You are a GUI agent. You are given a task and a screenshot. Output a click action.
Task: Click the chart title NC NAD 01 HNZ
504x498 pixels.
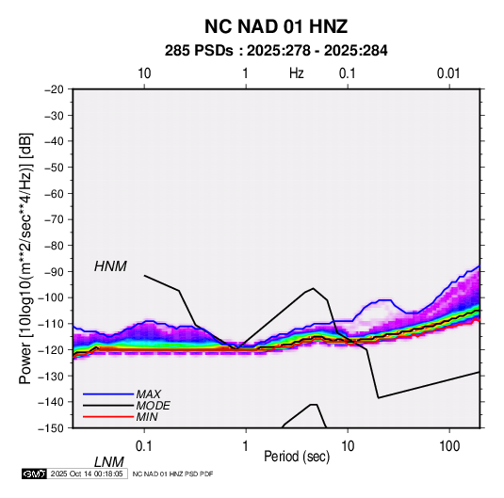[x=276, y=26]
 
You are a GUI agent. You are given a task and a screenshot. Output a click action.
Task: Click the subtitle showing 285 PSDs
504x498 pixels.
[x=276, y=51]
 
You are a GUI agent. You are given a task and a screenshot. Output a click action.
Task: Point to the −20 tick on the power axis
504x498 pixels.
[x=54, y=89]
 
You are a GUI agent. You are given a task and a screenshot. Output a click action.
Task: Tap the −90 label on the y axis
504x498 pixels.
[x=54, y=271]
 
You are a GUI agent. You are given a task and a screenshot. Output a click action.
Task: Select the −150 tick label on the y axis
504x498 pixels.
[x=51, y=428]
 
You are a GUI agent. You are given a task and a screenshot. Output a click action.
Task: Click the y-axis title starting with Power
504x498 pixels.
[x=25, y=259]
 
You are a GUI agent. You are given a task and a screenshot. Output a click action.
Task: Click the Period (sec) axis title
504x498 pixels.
[x=297, y=457]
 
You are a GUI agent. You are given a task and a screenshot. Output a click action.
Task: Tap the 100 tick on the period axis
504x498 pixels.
[x=449, y=446]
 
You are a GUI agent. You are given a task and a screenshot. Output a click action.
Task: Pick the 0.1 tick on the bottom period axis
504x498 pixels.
[x=144, y=446]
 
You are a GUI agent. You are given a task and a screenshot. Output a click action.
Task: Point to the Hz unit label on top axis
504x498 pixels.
[x=297, y=73]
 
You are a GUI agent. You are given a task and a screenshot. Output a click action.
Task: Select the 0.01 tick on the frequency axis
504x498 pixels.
[x=448, y=73]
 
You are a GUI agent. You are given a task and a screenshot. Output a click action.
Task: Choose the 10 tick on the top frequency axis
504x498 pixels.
[x=144, y=73]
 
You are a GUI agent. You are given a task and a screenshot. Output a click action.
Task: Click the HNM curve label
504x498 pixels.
[x=110, y=266]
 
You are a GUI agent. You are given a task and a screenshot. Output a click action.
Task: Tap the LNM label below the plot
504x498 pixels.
[x=109, y=462]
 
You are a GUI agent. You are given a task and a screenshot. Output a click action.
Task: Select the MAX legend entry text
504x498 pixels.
[x=149, y=394]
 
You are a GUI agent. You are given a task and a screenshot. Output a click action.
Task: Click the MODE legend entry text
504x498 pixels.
[x=153, y=406]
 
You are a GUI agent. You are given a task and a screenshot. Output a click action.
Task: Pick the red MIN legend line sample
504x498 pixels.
[x=108, y=417]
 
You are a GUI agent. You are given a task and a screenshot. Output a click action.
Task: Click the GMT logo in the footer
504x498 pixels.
[x=34, y=474]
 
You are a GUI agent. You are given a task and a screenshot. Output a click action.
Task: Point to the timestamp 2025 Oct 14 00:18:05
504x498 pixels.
[x=87, y=474]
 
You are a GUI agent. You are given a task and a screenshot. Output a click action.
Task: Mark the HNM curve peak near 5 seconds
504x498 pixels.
[x=313, y=288]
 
